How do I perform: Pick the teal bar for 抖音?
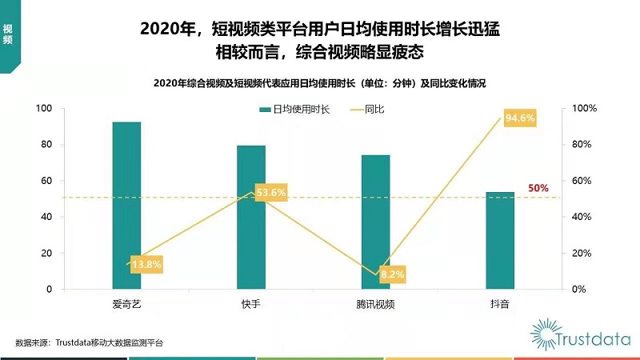[x=500, y=240]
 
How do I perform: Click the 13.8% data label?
[x=146, y=263]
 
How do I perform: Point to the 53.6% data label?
[x=270, y=192]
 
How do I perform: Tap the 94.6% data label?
[x=519, y=119]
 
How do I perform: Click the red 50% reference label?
[x=538, y=188]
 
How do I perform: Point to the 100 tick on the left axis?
[x=45, y=109]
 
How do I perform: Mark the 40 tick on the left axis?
[x=47, y=217]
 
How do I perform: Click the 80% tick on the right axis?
[x=585, y=145]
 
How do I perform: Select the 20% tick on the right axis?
[x=585, y=253]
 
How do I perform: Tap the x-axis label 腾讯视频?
[x=375, y=304]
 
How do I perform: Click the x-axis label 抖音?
[x=500, y=304]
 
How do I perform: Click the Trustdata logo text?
[x=589, y=335]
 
